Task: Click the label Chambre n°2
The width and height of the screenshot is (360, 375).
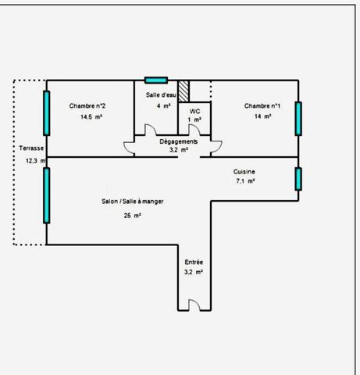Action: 87,105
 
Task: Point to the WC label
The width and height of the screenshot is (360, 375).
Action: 194,112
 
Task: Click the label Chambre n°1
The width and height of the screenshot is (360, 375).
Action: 262,105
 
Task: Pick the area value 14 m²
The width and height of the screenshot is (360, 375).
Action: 262,116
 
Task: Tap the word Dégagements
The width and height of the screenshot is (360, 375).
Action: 179,141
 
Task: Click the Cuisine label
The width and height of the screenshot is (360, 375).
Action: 244,171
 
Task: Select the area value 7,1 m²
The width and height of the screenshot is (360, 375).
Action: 246,180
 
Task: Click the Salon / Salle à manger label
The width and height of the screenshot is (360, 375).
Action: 132,202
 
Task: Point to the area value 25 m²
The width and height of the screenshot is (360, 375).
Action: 132,216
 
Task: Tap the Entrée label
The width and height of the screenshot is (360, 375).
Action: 194,262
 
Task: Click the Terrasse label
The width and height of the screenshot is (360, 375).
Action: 32,148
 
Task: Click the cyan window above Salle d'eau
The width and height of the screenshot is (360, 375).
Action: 156,80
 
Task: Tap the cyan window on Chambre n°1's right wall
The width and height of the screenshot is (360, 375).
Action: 298,119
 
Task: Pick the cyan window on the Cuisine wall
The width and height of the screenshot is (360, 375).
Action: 298,179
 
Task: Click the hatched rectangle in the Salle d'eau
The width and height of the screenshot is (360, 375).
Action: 184,90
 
